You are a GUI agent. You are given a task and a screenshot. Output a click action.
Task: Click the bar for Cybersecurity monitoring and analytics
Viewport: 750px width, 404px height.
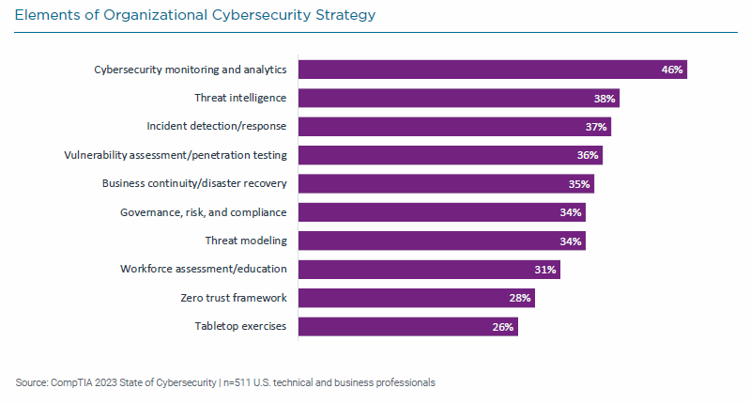(492, 70)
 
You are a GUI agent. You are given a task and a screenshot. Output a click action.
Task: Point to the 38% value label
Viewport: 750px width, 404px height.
(605, 98)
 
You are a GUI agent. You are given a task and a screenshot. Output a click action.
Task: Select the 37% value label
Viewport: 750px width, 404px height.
(596, 127)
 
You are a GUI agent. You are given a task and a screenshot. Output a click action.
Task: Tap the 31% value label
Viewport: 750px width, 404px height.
(545, 270)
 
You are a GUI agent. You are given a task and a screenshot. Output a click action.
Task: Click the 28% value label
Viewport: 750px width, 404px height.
(520, 298)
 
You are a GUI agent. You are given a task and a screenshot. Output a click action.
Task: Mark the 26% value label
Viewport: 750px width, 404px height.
(503, 327)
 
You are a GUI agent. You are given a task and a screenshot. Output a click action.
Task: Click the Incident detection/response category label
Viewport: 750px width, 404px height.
(216, 126)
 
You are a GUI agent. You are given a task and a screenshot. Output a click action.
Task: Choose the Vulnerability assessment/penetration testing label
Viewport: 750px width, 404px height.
(175, 155)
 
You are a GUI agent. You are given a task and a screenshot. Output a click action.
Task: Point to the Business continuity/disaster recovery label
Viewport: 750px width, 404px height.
(193, 183)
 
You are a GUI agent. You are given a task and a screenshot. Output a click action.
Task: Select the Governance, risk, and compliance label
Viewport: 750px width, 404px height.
(203, 212)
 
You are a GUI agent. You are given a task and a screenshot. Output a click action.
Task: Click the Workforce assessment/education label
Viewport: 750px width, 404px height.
(203, 270)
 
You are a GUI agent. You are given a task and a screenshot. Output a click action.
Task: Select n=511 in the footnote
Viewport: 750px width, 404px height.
(237, 382)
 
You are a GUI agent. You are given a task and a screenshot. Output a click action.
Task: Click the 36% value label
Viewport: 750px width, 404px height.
(588, 155)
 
